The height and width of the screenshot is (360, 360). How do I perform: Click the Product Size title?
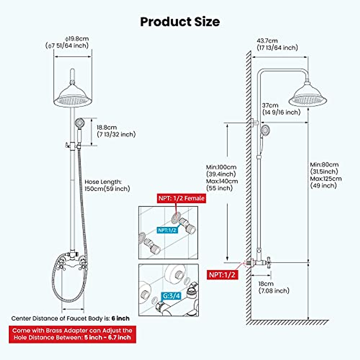click(180, 22)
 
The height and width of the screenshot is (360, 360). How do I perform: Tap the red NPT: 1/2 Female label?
click(181, 198)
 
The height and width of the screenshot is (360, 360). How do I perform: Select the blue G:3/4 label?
click(172, 296)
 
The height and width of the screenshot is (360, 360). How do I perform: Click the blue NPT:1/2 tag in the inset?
click(167, 230)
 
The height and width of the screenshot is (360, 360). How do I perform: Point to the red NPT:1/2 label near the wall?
click(222, 274)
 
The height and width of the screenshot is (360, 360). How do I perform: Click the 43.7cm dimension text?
click(267, 40)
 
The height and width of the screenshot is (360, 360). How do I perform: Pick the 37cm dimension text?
click(270, 105)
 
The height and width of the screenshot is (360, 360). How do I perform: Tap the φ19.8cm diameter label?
click(77, 39)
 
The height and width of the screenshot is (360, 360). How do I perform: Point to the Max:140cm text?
click(222, 181)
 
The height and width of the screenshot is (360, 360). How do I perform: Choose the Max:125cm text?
click(326, 179)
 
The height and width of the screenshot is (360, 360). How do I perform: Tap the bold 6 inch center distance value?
click(121, 318)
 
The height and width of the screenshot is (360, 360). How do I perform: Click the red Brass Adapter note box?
click(72, 334)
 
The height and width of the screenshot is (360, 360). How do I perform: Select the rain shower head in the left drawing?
click(72, 96)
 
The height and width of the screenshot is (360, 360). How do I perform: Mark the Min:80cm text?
click(324, 165)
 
